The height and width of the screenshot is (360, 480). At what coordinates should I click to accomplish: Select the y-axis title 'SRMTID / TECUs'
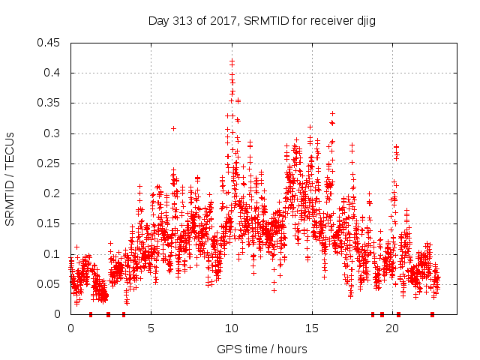(10, 178)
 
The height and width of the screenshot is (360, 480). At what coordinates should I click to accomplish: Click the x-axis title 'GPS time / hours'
(262, 349)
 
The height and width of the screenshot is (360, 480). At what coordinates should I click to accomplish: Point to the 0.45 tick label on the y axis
(51, 43)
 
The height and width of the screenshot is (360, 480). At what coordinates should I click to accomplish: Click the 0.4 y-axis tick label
(54, 73)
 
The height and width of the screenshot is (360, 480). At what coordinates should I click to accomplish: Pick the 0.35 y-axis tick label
(51, 103)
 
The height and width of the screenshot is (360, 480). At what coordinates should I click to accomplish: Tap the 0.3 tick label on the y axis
(54, 133)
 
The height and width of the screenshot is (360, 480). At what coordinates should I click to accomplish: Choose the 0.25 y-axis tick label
(51, 163)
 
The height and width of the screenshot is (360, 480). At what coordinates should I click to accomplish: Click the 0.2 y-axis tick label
(54, 193)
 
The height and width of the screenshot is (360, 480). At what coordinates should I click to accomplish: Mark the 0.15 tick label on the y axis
(51, 224)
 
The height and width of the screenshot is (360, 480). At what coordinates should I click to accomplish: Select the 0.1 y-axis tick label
(54, 254)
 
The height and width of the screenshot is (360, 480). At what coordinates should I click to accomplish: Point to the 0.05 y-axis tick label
(51, 284)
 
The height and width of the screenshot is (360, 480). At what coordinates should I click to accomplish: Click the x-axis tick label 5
(151, 328)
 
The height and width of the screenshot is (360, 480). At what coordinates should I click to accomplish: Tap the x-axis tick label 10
(232, 328)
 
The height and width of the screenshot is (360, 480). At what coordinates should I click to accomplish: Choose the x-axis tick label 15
(312, 328)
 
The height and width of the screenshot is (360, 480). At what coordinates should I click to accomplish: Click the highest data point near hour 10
(232, 60)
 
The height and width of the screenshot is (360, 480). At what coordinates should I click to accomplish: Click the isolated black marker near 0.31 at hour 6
(173, 128)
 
